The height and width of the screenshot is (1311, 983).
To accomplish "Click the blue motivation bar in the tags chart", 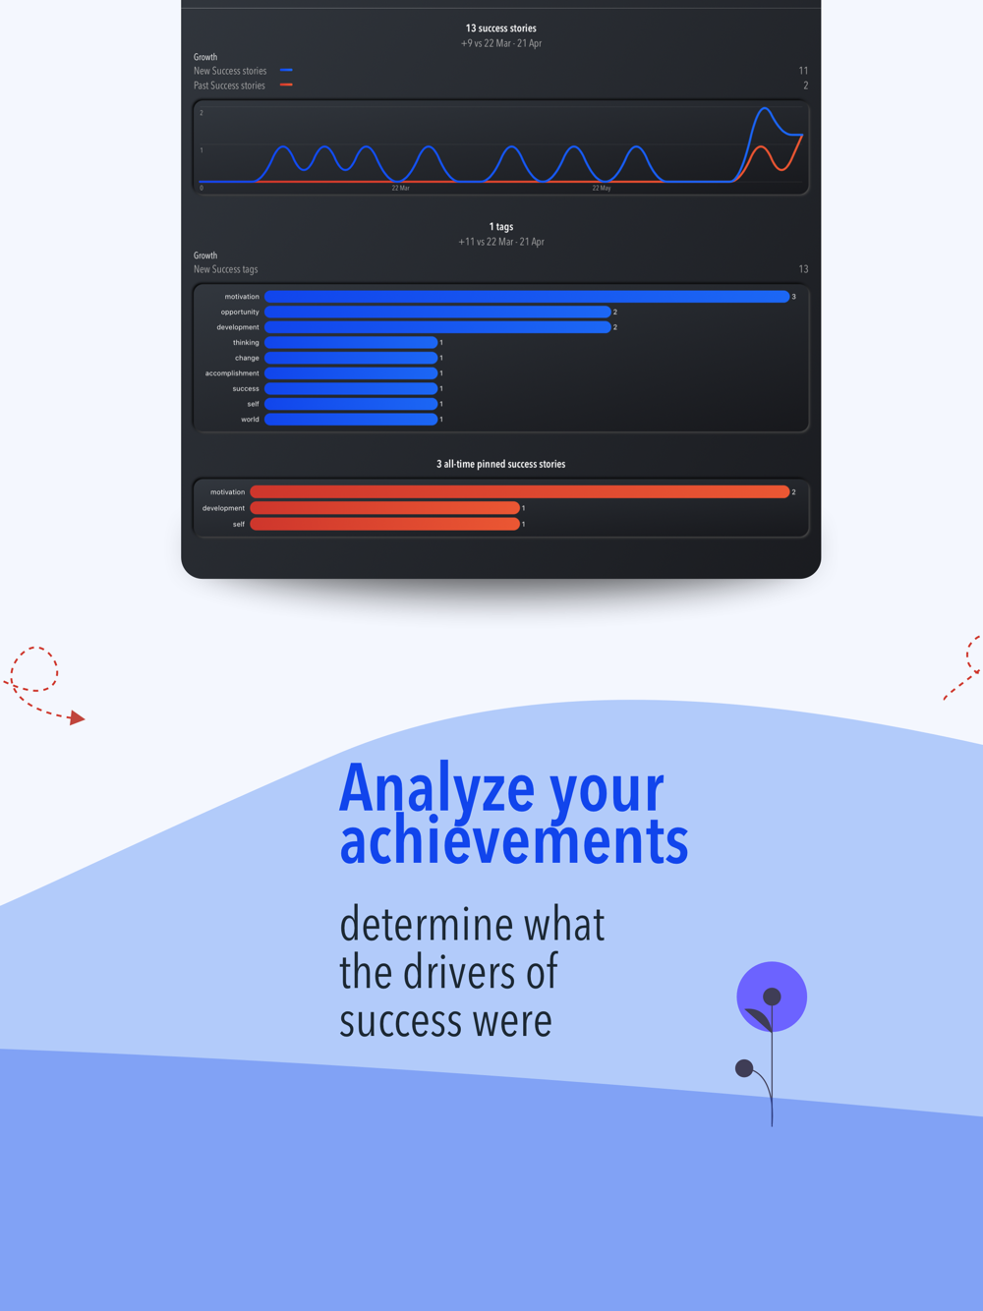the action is coord(527,296).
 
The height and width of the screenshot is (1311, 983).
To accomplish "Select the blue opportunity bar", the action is coord(437,312).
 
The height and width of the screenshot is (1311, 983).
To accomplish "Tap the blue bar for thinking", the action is coord(351,342).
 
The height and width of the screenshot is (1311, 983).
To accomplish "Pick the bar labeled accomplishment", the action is coord(351,373).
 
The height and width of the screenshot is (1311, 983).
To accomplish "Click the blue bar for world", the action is coord(351,420).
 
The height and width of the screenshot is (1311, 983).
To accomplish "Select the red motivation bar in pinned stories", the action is coord(520,491).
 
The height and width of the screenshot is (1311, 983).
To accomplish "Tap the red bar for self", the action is coord(384,524).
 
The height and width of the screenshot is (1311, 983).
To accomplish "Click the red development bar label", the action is coord(223,508).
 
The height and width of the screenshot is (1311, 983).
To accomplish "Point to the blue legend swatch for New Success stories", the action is coord(286,70).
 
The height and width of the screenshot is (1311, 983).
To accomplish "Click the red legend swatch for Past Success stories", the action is coord(286,85).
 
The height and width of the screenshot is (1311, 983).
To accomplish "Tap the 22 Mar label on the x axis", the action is coord(401,188).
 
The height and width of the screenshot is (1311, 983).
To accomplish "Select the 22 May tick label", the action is coord(602,188).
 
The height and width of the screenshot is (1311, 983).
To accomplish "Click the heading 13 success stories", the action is coord(501,28).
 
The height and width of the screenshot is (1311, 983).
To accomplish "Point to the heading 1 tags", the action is coord(501,226).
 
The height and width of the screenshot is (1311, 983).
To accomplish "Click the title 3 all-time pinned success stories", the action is coord(501,464).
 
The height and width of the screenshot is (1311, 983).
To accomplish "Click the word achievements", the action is coord(513,840).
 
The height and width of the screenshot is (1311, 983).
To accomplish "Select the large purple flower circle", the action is coord(772,997).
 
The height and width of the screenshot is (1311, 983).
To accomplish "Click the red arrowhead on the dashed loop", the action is coord(77,717).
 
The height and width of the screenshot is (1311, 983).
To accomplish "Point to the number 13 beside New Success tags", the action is coord(803,269).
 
